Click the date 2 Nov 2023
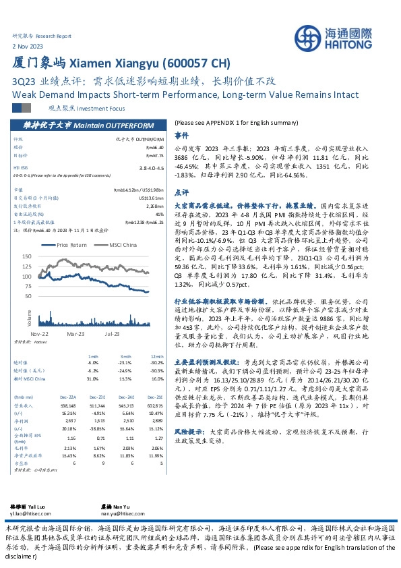point(27,45)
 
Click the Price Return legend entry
point(75,246)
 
